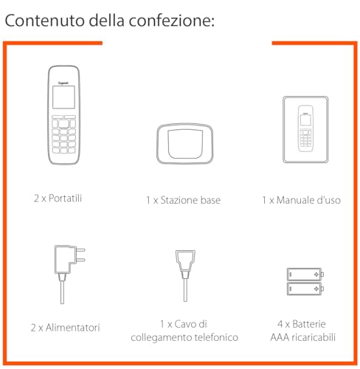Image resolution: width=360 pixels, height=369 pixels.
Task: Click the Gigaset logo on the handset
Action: pos(65,75)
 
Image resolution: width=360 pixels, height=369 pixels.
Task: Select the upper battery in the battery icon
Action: pos(304,275)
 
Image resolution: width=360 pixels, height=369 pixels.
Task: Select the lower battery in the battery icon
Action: pos(304,289)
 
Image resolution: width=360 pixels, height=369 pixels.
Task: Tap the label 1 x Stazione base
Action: pos(183,200)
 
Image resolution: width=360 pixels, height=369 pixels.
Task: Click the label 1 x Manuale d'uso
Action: pos(301,200)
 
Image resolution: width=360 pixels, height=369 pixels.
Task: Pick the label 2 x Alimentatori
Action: pos(65,327)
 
